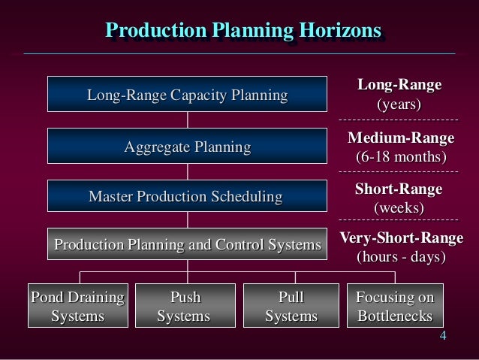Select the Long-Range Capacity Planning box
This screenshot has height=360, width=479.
pyautogui.click(x=188, y=95)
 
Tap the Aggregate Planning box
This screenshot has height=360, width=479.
pyautogui.click(x=188, y=147)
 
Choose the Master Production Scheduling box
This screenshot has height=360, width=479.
pyautogui.click(x=188, y=197)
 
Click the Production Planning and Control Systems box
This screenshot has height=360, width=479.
pyautogui.click(x=188, y=245)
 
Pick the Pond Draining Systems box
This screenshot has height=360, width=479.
pyautogui.click(x=77, y=306)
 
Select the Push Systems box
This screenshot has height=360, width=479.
pyautogui.click(x=184, y=306)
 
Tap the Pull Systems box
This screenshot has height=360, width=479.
pyautogui.click(x=291, y=306)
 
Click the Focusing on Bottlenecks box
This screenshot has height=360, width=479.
pyautogui.click(x=395, y=306)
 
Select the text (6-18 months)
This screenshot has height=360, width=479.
pyautogui.click(x=400, y=158)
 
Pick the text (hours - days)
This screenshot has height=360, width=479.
pyautogui.click(x=399, y=257)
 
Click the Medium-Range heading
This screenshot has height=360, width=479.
pyautogui.click(x=400, y=139)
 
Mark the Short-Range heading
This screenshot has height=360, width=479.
pyautogui.click(x=399, y=189)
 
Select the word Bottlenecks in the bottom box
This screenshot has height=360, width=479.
pyautogui.click(x=395, y=316)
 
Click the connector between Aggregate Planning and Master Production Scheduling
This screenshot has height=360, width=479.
pyautogui.click(x=188, y=172)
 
